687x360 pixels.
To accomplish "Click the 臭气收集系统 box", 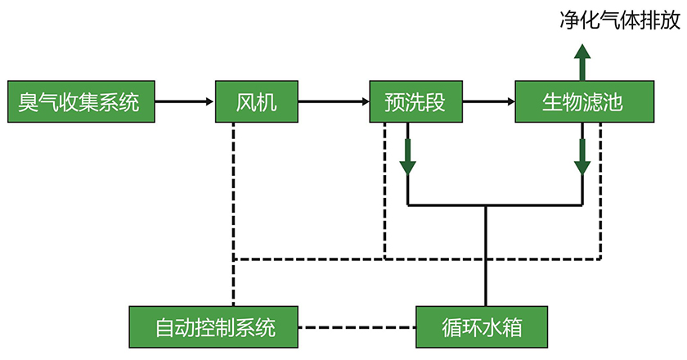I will (x=79, y=102).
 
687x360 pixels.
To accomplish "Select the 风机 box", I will (x=257, y=102).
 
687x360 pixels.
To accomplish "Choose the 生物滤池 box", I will (x=584, y=102).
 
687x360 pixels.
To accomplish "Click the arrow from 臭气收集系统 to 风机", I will (x=185, y=102).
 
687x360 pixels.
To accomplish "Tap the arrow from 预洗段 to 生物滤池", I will (x=489, y=102).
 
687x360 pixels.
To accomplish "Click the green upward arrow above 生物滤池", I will (x=582, y=62).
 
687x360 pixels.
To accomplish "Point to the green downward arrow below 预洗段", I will (x=407, y=155).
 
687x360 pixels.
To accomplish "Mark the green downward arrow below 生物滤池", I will (x=582, y=155).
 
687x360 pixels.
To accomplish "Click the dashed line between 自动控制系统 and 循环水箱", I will (x=357, y=327).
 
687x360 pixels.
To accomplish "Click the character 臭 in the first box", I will (x=30, y=102).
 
